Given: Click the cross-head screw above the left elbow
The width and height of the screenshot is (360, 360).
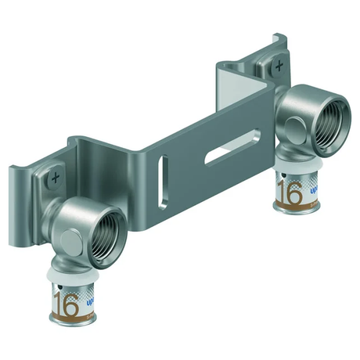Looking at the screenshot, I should pyautogui.click(x=56, y=177).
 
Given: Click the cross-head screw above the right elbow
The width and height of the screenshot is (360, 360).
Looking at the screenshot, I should pyautogui.click(x=278, y=69).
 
